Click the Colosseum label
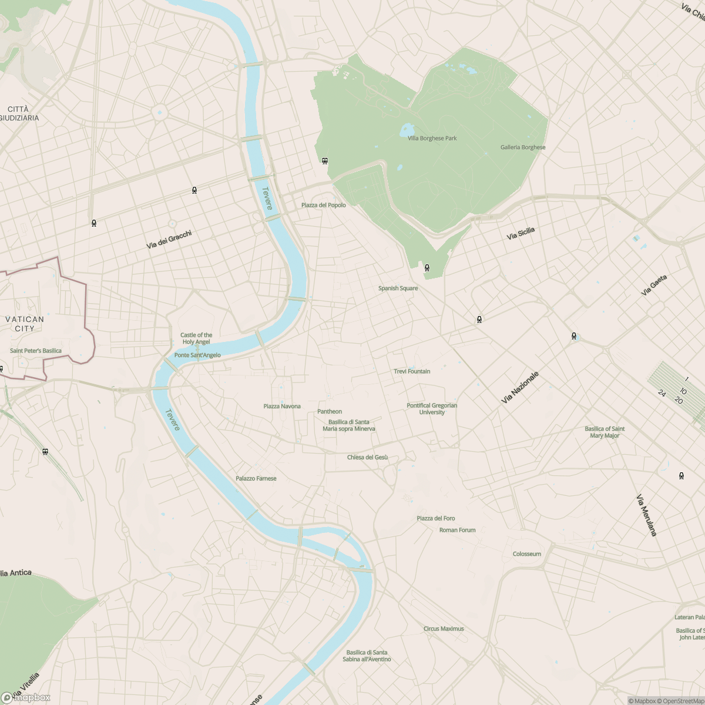coord(526,554)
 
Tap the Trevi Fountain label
coord(412,371)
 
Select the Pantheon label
coord(330,411)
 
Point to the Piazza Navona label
coord(282,406)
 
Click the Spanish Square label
coord(398,288)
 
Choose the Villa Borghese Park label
coord(432,138)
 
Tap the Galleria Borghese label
coord(523,147)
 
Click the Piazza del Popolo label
coord(324,205)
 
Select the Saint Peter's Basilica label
coord(36,351)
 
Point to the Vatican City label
coord(25,324)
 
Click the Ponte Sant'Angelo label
coord(197,355)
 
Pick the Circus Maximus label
coord(444,629)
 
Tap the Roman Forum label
coord(458,530)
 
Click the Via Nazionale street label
coord(520,387)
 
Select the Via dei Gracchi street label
coord(169,240)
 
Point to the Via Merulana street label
coord(646,515)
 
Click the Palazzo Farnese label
coord(256,478)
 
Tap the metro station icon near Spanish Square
coord(427,268)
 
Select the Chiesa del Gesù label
coord(367,457)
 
